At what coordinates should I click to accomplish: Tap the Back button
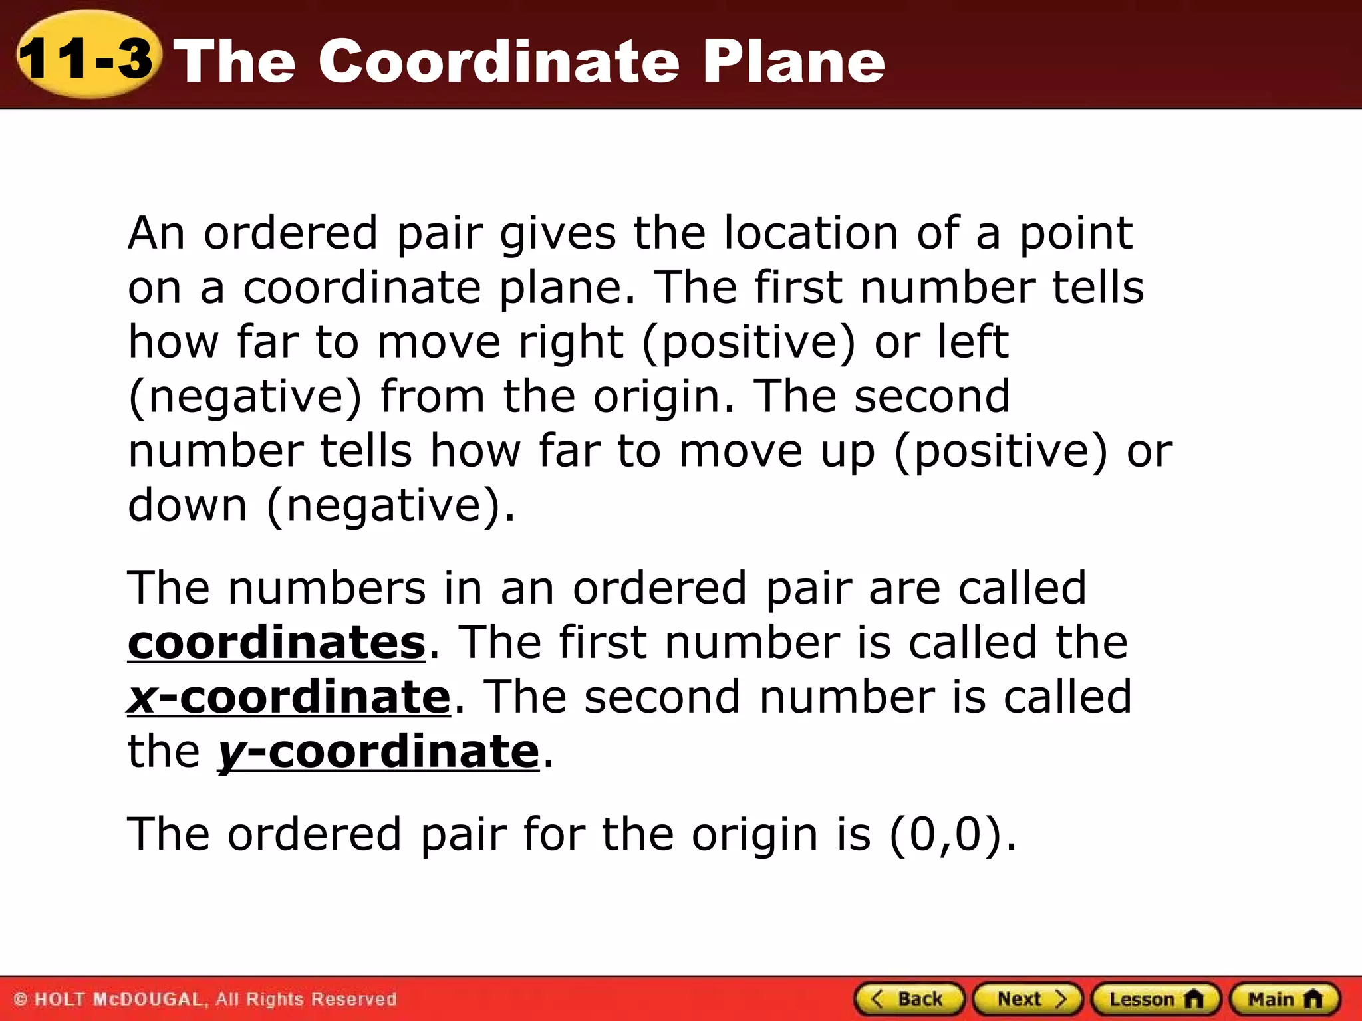(x=909, y=999)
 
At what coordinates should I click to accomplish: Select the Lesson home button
(x=1156, y=999)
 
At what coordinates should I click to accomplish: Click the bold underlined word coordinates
(x=277, y=643)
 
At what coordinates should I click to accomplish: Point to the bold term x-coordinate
(x=289, y=697)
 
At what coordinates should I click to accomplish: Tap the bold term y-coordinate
(x=378, y=752)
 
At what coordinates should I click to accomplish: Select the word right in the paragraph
(x=571, y=342)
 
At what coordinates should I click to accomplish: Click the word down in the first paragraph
(x=188, y=505)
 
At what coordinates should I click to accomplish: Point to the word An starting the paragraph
(x=156, y=233)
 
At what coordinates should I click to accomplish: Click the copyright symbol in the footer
(x=21, y=1000)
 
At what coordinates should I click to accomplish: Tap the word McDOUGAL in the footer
(x=147, y=1000)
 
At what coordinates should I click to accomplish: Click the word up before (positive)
(x=847, y=451)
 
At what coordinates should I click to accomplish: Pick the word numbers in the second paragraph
(x=327, y=588)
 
